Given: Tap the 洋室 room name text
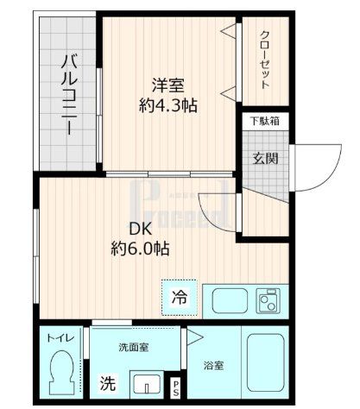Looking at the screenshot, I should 168,86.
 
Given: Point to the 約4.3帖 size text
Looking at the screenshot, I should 168,107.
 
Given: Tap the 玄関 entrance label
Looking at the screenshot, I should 264,159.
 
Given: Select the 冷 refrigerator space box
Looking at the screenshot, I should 179,299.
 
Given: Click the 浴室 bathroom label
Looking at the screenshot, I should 213,365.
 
